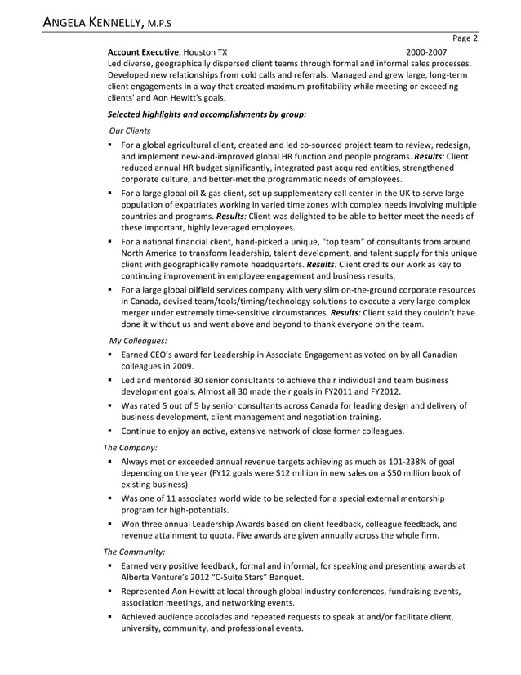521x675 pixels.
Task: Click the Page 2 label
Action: [464, 38]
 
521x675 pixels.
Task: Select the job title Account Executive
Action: [143, 51]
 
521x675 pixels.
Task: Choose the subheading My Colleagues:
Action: [137, 339]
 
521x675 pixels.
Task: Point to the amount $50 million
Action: [415, 473]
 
